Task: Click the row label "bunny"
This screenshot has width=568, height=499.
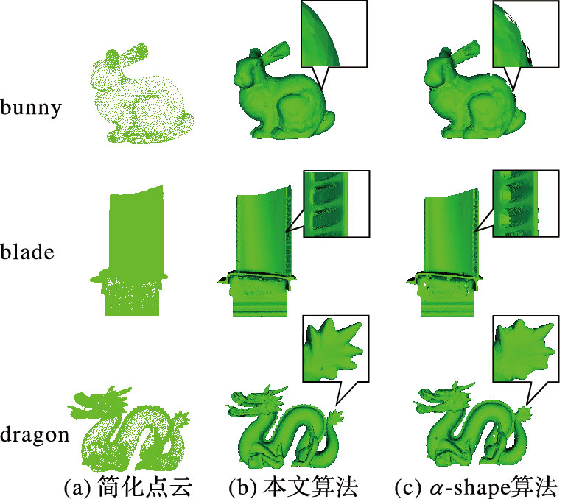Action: pos(31,107)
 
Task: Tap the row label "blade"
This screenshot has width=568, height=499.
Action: pos(27,252)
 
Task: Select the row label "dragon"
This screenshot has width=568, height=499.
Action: pos(35,434)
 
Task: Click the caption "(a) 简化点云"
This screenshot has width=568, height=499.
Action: pos(127,487)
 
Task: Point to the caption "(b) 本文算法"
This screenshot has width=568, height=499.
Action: pos(293,487)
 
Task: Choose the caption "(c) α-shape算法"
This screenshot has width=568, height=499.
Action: pos(476,487)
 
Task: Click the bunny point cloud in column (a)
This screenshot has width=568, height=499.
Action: pos(142,94)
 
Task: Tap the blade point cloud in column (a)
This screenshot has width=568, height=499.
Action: pos(130,250)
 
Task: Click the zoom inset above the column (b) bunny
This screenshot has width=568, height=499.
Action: pos(334,34)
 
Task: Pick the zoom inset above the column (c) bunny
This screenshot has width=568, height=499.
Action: pos(525,34)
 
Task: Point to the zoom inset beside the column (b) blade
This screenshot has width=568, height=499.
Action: pos(336,204)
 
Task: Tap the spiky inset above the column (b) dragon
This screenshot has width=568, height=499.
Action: pos(335,349)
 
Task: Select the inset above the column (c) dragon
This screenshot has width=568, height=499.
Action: pos(526,349)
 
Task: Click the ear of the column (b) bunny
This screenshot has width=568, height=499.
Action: pos(276,52)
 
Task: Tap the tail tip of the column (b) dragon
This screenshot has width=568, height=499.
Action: pos(336,417)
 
